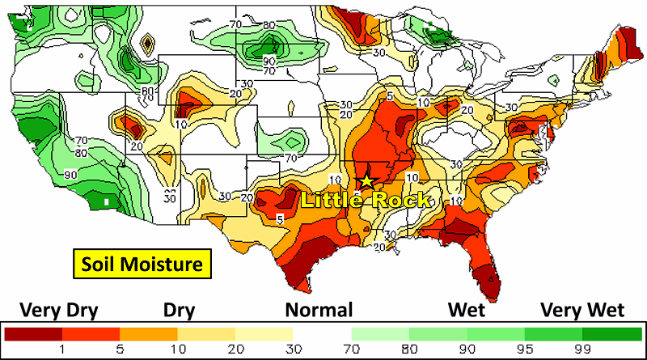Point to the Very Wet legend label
click(x=583, y=310)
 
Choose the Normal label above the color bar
click(x=319, y=310)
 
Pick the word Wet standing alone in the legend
click(x=467, y=310)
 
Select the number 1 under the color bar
click(x=62, y=349)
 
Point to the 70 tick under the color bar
click(x=352, y=349)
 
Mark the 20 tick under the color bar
click(x=235, y=349)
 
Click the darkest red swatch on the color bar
click(x=34, y=333)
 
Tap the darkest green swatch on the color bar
click(x=612, y=333)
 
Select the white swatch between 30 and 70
click(x=322, y=333)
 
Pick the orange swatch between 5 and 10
click(x=149, y=333)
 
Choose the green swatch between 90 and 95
click(x=496, y=333)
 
